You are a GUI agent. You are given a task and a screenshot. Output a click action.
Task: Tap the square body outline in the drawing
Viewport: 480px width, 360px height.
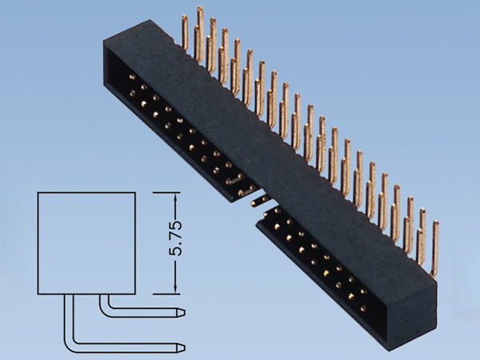click(87, 242)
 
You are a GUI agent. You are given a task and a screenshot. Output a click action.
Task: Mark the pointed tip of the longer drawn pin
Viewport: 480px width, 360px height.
click(184, 346)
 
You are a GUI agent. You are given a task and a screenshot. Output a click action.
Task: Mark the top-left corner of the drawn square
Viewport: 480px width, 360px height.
click(38, 193)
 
